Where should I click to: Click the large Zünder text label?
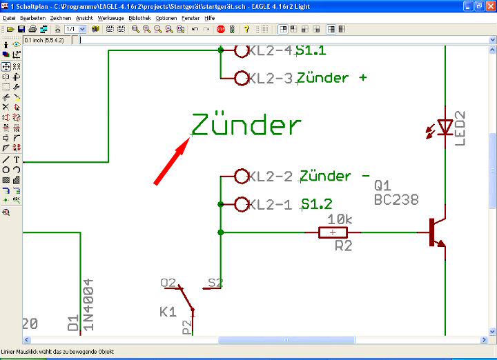(x=246, y=126)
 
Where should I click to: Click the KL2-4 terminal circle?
(x=242, y=51)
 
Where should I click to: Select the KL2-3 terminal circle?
(x=242, y=78)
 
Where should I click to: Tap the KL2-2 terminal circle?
(x=242, y=177)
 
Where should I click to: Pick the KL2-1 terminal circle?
(x=242, y=204)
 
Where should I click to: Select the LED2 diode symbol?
(x=445, y=126)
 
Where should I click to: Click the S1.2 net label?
(x=317, y=204)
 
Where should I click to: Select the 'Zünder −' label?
(x=335, y=177)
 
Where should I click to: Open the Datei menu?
(x=9, y=17)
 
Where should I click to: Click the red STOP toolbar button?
(x=221, y=30)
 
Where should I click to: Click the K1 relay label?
(x=168, y=312)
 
